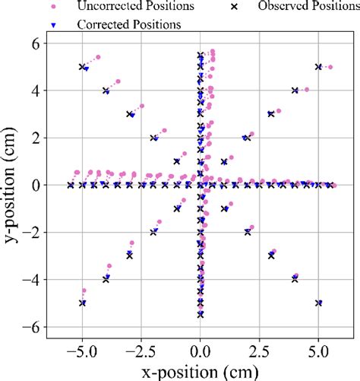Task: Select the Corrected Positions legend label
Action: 128,24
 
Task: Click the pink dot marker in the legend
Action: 52,7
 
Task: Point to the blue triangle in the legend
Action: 52,24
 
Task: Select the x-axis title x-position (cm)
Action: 200,368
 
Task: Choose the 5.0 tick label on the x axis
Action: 318,349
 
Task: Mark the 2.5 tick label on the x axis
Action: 259,349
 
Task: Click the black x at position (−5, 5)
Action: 82,67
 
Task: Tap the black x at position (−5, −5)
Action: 82,303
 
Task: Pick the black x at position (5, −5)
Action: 318,303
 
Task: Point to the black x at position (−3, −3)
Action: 129,256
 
